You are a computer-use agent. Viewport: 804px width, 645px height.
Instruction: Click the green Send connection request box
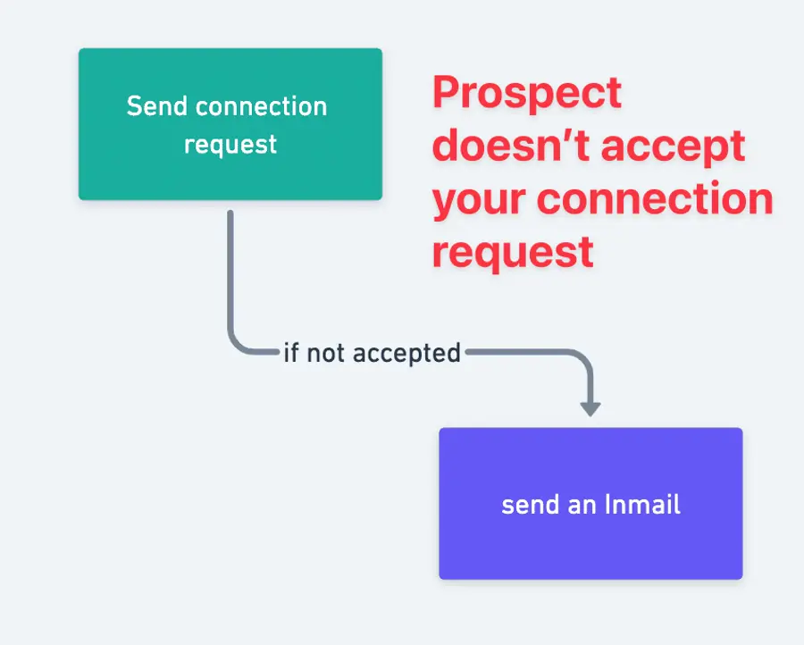point(230,123)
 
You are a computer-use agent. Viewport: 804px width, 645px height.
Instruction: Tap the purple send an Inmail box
point(590,503)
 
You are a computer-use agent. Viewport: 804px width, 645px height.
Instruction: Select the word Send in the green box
point(157,106)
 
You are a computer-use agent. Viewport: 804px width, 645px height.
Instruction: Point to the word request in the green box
point(230,145)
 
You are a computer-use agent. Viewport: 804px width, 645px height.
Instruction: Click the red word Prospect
point(527,93)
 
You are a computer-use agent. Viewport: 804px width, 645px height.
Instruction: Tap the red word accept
point(676,146)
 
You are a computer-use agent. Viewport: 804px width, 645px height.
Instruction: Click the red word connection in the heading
point(657,198)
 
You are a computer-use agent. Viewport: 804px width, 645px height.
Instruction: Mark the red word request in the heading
point(513,251)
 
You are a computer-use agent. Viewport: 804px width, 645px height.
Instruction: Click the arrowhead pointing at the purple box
point(590,407)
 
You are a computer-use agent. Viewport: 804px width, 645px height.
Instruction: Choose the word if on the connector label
point(291,353)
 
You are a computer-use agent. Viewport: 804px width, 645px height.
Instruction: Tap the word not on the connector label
point(327,353)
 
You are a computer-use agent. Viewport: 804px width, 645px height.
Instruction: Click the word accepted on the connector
point(406,353)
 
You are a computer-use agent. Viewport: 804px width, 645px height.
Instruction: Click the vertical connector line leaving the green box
point(230,268)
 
